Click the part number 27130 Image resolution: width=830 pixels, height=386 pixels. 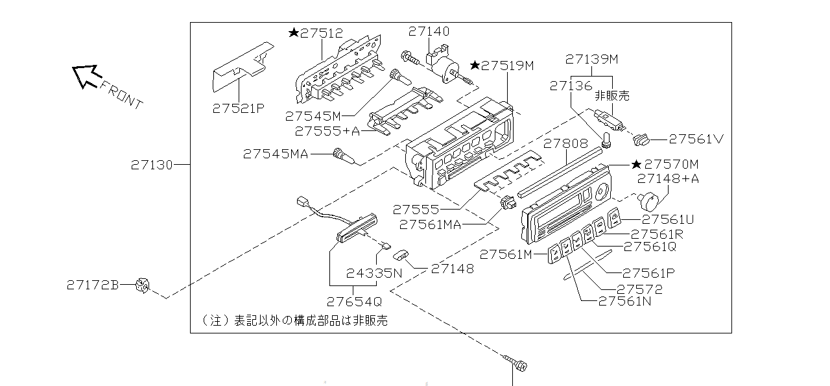pyautogui.click(x=152, y=165)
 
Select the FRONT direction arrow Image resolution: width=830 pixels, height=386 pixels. pyautogui.click(x=85, y=75)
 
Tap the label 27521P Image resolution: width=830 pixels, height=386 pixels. pyautogui.click(x=238, y=109)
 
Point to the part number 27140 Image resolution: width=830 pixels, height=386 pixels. pyautogui.click(x=429, y=31)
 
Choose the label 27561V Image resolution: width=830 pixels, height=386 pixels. pyautogui.click(x=696, y=138)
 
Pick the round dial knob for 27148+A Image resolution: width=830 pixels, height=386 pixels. pyautogui.click(x=652, y=199)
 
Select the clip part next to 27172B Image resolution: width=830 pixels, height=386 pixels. pyautogui.click(x=142, y=285)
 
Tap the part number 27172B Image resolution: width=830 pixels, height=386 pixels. pyautogui.click(x=93, y=285)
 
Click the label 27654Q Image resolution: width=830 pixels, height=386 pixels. pyautogui.click(x=354, y=302)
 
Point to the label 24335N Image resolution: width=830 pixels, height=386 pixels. pyautogui.click(x=373, y=273)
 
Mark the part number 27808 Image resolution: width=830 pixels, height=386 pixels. pyautogui.click(x=565, y=143)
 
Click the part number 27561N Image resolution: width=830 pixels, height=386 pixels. pyautogui.click(x=624, y=301)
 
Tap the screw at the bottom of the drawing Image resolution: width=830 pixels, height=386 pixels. pyautogui.click(x=517, y=365)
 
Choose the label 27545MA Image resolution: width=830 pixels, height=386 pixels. pyautogui.click(x=276, y=154)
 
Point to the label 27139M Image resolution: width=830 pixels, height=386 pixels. pyautogui.click(x=591, y=59)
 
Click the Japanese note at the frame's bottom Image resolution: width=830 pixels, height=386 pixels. pyautogui.click(x=295, y=320)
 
